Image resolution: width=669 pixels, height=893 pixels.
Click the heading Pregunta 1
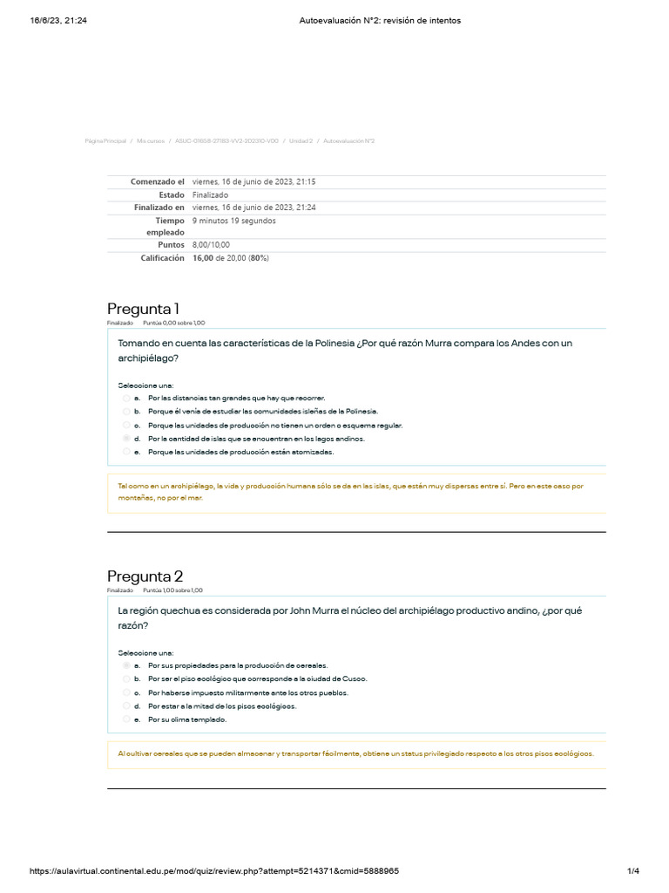[x=143, y=309]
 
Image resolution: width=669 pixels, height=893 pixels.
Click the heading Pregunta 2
[x=145, y=576]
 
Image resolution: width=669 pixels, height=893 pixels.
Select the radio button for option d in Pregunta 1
[x=126, y=439]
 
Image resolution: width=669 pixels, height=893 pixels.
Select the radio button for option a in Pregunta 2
[x=126, y=665]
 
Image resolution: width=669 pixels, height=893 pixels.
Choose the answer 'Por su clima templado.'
[x=187, y=719]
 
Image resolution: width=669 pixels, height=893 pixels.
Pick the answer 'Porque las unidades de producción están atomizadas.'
[x=240, y=453]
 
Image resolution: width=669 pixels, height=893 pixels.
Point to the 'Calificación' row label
[x=162, y=258]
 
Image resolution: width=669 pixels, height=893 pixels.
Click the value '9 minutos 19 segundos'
[x=233, y=221]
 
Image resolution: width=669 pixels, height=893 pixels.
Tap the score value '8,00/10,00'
[x=211, y=245]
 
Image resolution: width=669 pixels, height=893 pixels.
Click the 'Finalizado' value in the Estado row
[x=210, y=195]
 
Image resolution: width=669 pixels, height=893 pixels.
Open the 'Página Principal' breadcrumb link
[x=105, y=140]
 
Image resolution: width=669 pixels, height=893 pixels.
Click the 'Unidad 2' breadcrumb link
[x=301, y=140]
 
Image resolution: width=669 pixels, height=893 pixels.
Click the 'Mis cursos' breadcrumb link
[x=150, y=140]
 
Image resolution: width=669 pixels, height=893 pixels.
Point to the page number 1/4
[x=633, y=871]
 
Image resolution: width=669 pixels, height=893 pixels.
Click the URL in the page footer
[x=214, y=871]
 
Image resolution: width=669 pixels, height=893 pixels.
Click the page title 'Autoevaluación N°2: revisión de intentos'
[x=374, y=21]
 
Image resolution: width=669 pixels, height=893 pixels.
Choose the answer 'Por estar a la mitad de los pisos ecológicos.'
[x=222, y=706]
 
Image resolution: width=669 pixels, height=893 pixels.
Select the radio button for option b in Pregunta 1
[x=126, y=411]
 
